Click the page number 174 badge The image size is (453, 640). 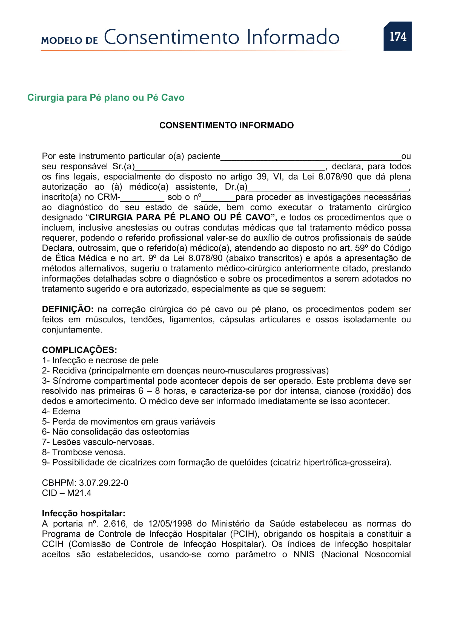tap(397, 36)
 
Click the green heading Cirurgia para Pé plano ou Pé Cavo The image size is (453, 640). tap(106, 98)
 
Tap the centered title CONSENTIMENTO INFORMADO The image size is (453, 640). tap(226, 125)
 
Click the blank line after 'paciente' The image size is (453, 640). tap(311, 158)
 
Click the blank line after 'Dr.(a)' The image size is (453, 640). tap(328, 188)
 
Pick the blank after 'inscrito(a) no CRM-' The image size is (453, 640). tap(142, 198)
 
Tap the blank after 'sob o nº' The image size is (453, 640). tap(218, 198)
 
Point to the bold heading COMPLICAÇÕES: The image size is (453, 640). tap(79, 350)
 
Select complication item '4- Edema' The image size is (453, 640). tap(61, 412)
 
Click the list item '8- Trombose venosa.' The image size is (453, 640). tap(84, 452)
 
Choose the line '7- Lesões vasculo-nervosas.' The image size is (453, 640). tap(98, 442)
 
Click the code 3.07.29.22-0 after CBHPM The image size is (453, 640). tap(104, 483)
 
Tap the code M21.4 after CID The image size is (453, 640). tap(79, 493)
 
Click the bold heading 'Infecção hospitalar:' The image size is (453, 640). tap(84, 513)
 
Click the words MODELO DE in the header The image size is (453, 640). tap(70, 41)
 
